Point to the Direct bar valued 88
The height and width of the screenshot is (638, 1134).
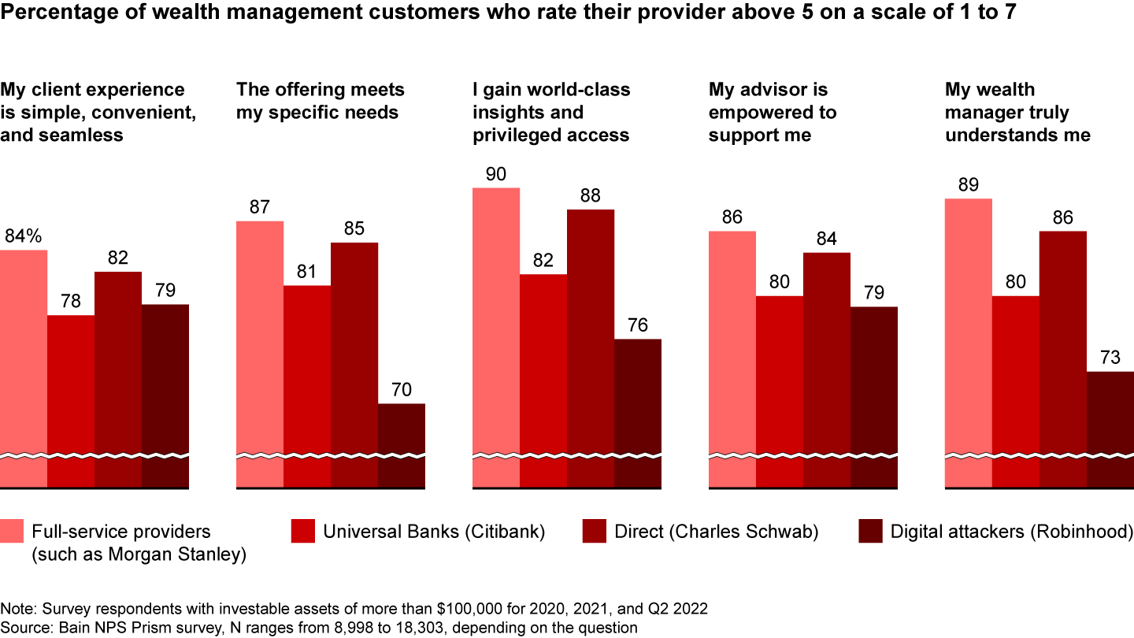[x=591, y=331]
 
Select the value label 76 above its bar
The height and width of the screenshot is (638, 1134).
[x=638, y=325]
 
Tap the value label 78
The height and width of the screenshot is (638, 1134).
[x=71, y=301]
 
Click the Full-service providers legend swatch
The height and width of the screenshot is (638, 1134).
[x=12, y=532]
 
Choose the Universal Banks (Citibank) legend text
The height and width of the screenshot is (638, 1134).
[x=434, y=532]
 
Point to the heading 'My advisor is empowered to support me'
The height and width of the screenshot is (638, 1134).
[x=772, y=112]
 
